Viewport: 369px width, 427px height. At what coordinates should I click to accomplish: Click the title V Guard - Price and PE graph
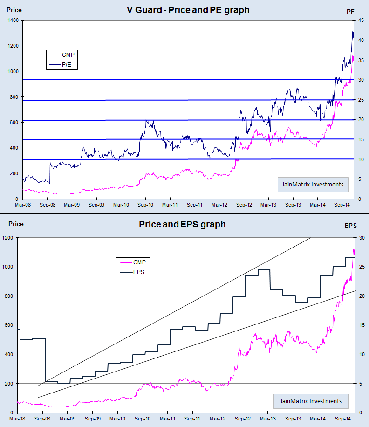point(188,10)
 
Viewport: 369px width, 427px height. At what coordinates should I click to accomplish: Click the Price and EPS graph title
point(182,224)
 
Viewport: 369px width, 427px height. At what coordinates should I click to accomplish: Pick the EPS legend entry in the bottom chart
point(141,273)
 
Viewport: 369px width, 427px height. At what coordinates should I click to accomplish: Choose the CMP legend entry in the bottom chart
point(141,262)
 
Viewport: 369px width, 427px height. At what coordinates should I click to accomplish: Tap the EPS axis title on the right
point(350,226)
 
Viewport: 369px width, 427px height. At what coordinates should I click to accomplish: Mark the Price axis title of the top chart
point(14,9)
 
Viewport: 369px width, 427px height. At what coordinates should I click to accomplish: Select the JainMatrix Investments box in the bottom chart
point(311,401)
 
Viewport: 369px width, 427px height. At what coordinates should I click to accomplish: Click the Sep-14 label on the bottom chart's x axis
point(343,418)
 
